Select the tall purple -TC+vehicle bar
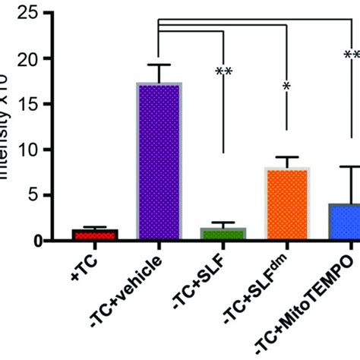point(158,163)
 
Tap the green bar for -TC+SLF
point(223,234)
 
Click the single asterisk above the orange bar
point(287,87)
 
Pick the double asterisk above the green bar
point(223,73)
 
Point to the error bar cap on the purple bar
point(158,65)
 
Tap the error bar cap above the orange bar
point(287,156)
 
